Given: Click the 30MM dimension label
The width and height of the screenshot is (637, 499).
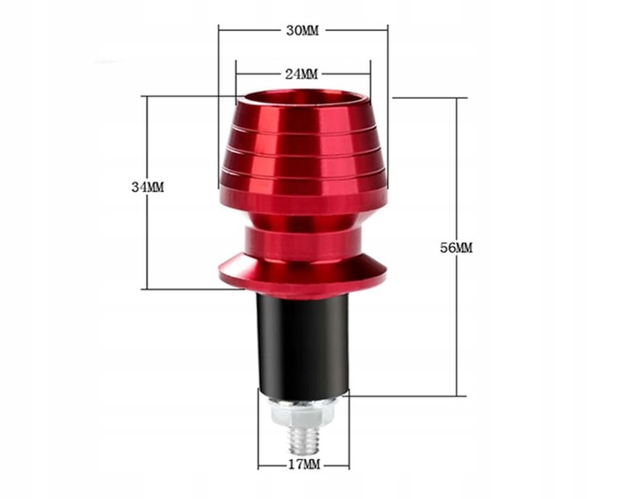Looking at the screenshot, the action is coord(303,30).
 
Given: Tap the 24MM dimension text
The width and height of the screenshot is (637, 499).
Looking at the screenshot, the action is coord(302,74).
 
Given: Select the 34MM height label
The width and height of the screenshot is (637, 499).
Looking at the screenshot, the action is coord(148,188).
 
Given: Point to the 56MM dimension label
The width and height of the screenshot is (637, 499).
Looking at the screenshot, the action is coord(457,248).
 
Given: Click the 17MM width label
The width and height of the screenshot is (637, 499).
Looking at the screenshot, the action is coord(304,464).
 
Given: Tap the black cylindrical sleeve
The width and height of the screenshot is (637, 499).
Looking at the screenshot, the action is coord(303,346).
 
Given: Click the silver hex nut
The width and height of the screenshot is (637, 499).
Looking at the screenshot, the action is coord(303,411).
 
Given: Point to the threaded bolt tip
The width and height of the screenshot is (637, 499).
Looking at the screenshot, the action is coord(303,441).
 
